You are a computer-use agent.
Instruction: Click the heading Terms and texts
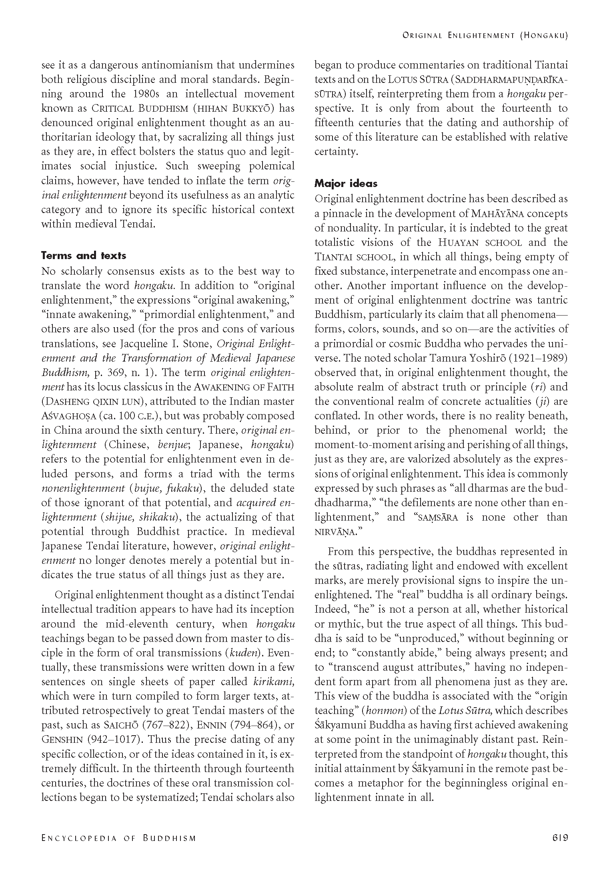click(83, 255)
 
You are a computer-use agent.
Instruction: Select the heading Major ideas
click(346, 183)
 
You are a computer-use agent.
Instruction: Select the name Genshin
click(60, 739)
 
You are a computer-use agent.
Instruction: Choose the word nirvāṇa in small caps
click(338, 532)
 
